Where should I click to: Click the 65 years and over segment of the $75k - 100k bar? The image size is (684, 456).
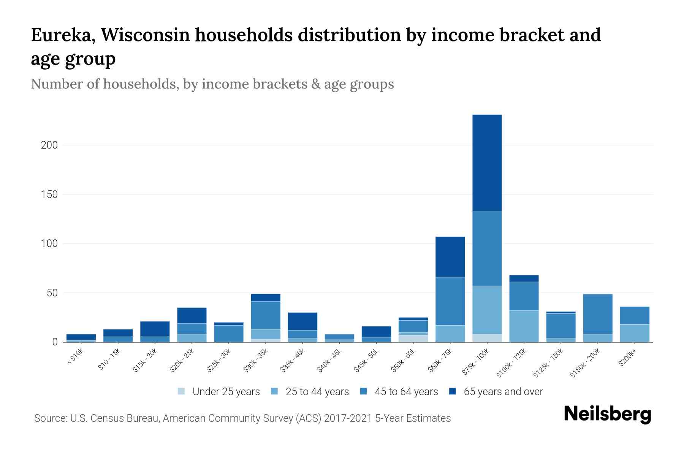[x=487, y=163]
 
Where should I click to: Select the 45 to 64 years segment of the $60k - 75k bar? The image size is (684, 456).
[x=450, y=301]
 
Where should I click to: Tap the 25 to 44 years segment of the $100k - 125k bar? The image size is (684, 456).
[x=524, y=326]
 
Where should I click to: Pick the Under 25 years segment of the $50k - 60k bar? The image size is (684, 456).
[x=413, y=338]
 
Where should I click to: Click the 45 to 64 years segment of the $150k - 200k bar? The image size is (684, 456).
[x=597, y=314]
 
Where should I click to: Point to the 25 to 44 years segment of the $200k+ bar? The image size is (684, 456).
[x=634, y=333]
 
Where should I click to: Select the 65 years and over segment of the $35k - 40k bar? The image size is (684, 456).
[x=302, y=321]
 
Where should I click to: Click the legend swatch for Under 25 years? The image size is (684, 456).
[x=182, y=391]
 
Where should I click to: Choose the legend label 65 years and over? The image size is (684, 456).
[x=503, y=392]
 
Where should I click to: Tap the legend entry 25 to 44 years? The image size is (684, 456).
[x=317, y=392]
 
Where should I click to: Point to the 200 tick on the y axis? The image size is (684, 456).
[x=49, y=145]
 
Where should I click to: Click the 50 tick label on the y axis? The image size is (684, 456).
[x=52, y=293]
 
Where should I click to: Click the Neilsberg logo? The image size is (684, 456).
[x=607, y=414]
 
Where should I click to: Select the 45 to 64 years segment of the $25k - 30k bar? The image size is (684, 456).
[x=229, y=333]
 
